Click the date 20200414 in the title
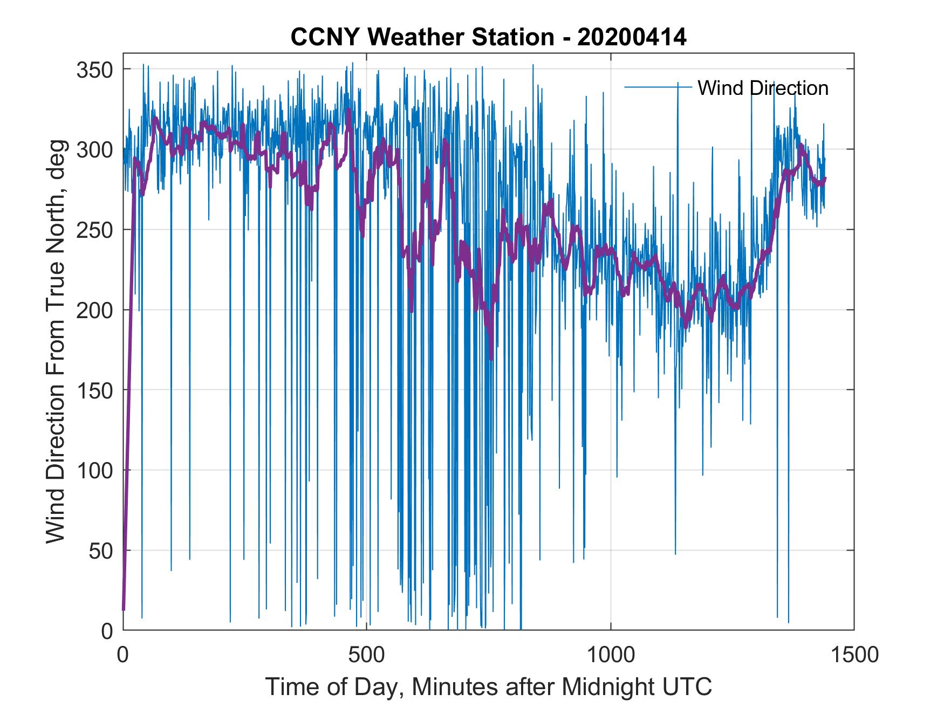pos(632,37)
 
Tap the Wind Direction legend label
pos(763,88)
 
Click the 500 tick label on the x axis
pos(367,655)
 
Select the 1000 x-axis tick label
pos(611,655)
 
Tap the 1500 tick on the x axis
pos(854,655)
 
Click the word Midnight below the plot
pos(607,687)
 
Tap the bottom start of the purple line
pos(124,609)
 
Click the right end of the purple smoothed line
pos(825,178)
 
